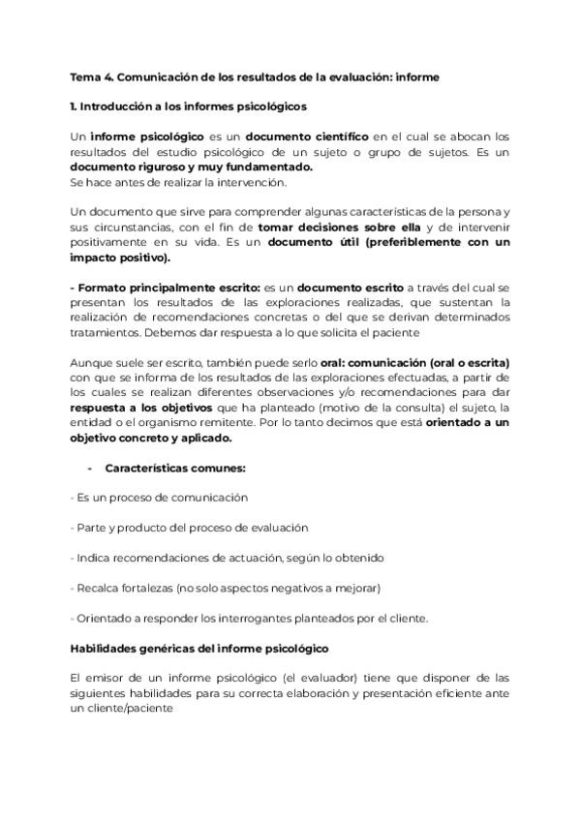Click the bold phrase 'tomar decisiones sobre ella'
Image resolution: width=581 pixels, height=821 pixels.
331,228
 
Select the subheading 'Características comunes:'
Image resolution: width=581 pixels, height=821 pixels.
175,468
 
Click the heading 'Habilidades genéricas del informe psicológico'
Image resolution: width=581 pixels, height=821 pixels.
199,648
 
